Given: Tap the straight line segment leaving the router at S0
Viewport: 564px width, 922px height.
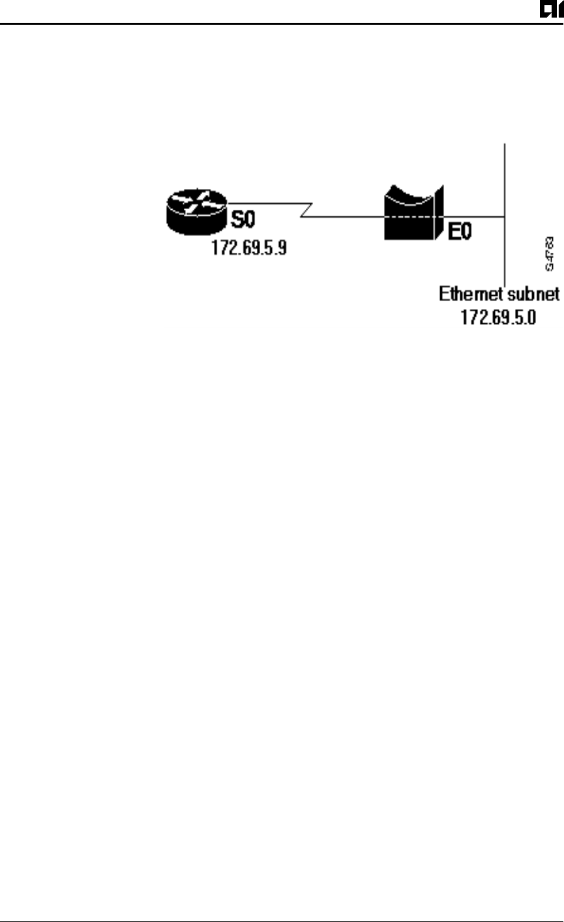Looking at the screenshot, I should [267, 203].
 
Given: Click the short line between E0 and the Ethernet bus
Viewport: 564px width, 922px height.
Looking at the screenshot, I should [476, 218].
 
